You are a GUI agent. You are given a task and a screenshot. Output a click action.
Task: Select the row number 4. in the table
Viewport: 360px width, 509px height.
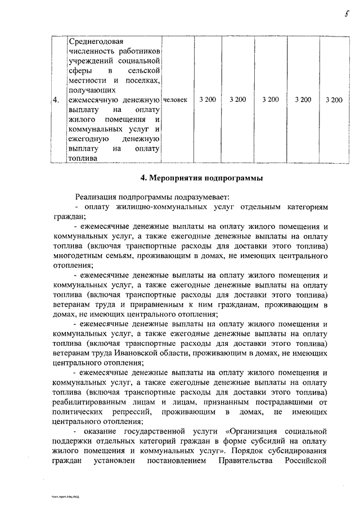(56, 100)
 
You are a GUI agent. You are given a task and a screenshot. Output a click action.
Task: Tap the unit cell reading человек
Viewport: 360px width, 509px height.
(175, 100)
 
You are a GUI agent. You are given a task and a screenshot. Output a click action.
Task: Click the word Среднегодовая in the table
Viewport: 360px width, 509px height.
(94, 42)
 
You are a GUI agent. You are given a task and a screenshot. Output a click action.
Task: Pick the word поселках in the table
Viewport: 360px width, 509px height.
(143, 80)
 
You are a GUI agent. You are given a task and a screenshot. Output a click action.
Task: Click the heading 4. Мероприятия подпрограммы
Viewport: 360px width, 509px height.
(201, 179)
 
